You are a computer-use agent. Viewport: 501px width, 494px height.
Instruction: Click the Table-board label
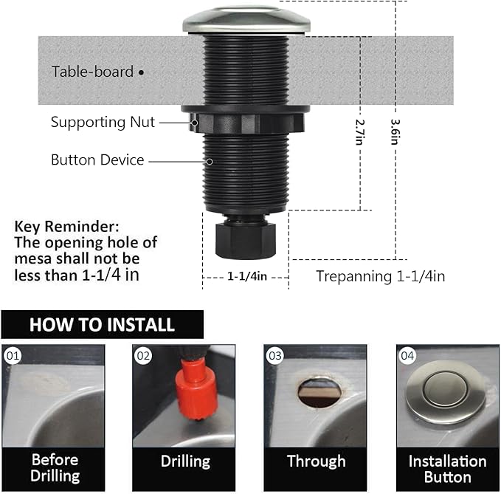(92, 72)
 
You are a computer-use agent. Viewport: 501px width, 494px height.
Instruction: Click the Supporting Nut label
(103, 122)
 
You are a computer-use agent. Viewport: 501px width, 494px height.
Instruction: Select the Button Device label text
(97, 159)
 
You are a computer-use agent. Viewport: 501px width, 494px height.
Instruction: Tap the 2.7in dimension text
(359, 132)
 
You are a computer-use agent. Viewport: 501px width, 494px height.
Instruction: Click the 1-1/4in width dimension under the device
(246, 276)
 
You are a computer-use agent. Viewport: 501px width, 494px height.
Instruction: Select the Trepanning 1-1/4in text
(380, 276)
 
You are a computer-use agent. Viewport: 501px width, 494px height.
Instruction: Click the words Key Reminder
(66, 227)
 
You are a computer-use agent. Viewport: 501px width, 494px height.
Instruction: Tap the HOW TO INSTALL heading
(102, 324)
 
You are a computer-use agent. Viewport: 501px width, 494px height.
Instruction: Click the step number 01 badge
(13, 356)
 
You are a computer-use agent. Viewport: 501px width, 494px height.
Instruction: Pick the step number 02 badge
(143, 356)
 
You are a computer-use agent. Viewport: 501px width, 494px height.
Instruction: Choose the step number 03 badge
(275, 356)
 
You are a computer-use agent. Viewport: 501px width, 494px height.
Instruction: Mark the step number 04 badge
(407, 356)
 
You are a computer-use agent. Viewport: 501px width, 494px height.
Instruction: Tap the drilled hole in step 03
(319, 392)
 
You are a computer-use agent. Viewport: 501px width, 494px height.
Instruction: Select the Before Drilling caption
(54, 468)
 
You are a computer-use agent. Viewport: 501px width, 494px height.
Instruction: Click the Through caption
(316, 462)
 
